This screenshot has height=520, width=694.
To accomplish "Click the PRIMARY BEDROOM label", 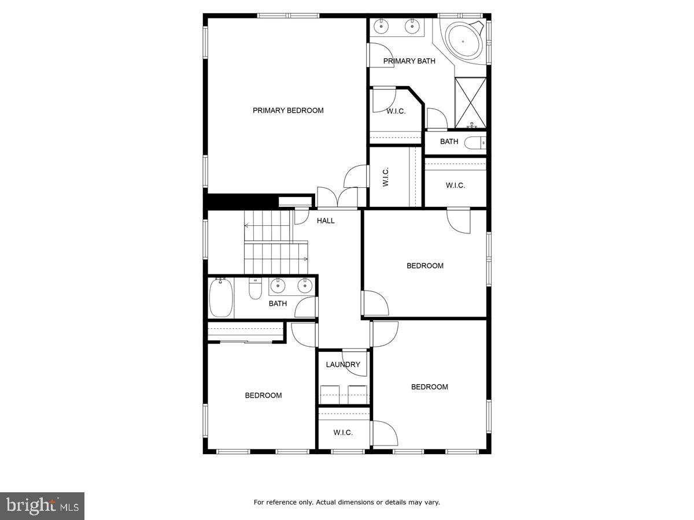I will (x=288, y=110).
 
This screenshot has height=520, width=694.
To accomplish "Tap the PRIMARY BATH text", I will (x=409, y=61).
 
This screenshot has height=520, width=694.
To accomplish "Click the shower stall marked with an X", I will (x=470, y=102).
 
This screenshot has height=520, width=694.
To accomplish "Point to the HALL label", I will (x=326, y=220).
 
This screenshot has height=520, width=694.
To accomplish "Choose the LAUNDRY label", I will (x=343, y=365).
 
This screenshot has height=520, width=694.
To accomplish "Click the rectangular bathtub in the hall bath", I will (x=220, y=298).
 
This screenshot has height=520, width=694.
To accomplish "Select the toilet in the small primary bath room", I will (x=475, y=143).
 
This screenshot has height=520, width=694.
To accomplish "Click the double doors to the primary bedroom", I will (x=338, y=197).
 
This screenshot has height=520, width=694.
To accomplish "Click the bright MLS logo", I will (x=42, y=506).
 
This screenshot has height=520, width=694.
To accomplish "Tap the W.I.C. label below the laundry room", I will (x=343, y=432).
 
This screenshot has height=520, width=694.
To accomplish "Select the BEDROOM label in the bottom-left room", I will (x=263, y=395).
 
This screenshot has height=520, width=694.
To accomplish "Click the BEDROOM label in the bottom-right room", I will (x=430, y=387).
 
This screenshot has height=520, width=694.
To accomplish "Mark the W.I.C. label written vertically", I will (x=386, y=176).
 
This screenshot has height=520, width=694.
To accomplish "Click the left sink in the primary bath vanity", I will (x=382, y=25).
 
